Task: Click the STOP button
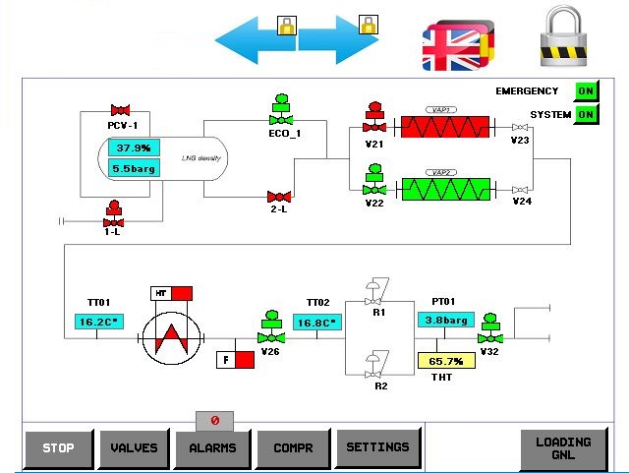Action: point(59,448)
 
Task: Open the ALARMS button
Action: point(212,448)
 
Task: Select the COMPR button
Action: point(292,448)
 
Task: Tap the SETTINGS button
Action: point(377,447)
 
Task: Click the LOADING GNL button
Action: point(563,449)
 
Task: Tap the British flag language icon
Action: point(452,46)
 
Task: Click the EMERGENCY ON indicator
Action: point(586,91)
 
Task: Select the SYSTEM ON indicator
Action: point(586,115)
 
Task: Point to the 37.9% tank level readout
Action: point(134,148)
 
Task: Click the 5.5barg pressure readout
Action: point(134,168)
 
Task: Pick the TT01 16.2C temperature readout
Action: point(96,322)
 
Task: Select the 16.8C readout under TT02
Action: point(315,322)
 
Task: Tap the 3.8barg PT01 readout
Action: point(444,320)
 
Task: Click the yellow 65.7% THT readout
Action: point(445,361)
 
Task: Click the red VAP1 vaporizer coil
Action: point(442,127)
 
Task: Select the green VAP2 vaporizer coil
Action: point(442,187)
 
